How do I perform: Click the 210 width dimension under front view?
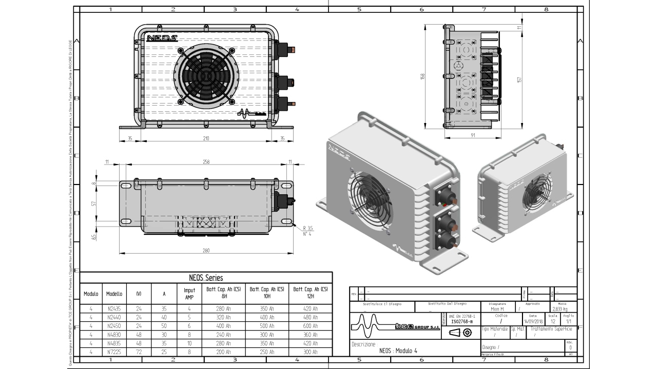click(206, 138)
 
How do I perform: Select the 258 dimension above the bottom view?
click(206, 161)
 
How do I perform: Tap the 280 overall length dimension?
click(206, 251)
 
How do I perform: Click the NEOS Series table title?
click(206, 277)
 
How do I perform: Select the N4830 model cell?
click(114, 334)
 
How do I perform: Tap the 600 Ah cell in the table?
click(311, 326)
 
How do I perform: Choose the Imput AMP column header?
click(189, 294)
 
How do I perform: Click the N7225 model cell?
click(114, 352)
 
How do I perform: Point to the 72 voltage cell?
click(139, 352)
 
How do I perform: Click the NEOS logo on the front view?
click(162, 38)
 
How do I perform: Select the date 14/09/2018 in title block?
click(533, 321)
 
